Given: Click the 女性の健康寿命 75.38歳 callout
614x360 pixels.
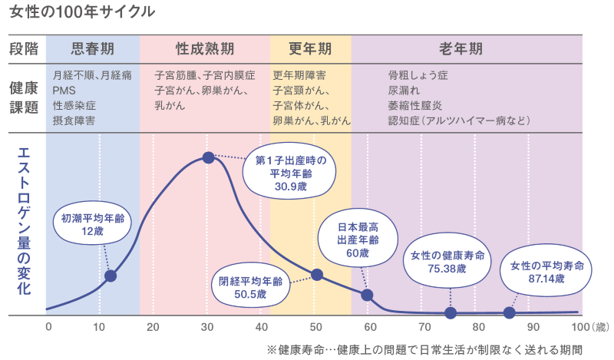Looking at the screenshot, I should (x=447, y=261).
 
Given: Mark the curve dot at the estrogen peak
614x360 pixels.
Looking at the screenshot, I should (x=208, y=157).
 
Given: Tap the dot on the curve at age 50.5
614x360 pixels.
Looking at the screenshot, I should (x=317, y=275).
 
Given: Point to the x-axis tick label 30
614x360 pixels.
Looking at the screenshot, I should (x=207, y=327).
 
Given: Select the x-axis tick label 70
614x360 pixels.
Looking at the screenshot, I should (x=421, y=327).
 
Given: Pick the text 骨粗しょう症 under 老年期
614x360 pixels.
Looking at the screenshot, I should (x=418, y=76).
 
